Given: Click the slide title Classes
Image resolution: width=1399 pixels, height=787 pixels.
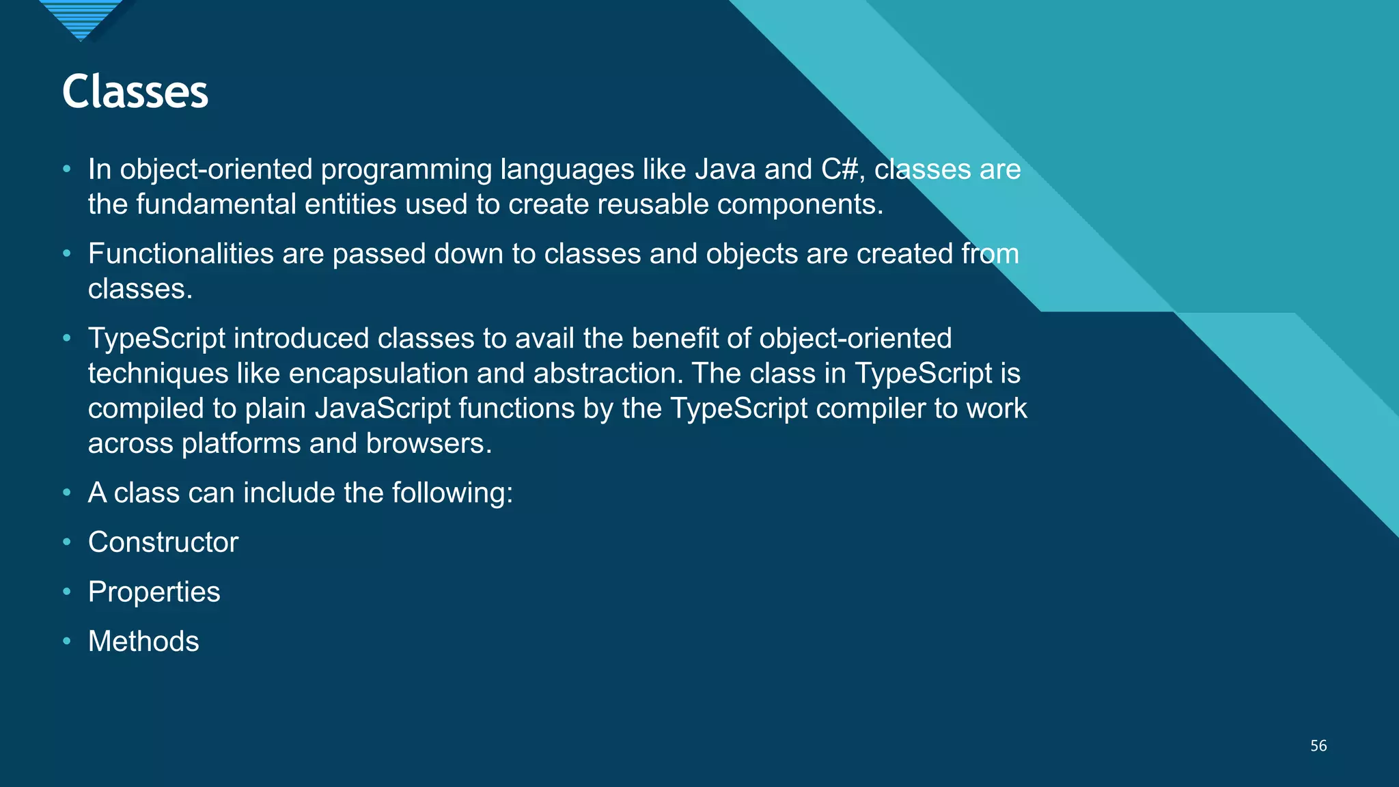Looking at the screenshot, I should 135,92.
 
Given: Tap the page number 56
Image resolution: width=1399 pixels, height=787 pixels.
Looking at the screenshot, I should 1318,746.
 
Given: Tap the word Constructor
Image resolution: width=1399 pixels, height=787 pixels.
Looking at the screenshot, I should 163,542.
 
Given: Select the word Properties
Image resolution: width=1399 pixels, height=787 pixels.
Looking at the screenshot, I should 154,592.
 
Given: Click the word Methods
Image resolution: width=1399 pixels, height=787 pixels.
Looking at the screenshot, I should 143,641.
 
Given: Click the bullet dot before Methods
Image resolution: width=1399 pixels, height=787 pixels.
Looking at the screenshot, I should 66,641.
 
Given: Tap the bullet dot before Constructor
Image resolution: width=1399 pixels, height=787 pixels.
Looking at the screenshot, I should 66,542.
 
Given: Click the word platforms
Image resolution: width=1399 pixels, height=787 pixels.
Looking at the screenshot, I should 240,443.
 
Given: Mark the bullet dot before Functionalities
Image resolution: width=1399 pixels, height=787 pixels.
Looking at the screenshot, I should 66,253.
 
